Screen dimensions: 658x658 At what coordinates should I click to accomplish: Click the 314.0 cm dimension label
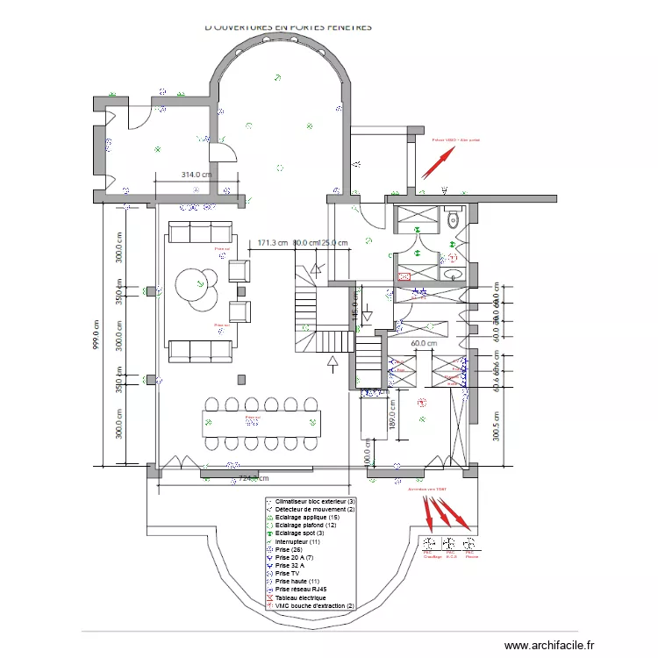tap(197, 175)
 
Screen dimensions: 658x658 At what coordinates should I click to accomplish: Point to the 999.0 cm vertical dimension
tap(97, 333)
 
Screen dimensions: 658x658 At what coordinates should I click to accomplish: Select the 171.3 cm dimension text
tap(273, 243)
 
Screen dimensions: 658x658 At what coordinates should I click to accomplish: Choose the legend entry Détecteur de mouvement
tap(310, 509)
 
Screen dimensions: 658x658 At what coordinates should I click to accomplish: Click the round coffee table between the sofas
tap(197, 288)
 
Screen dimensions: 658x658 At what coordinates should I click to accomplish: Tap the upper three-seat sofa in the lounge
tap(200, 232)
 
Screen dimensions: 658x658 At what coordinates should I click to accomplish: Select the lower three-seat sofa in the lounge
tap(200, 349)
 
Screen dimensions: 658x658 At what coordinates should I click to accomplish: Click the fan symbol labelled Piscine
tap(470, 544)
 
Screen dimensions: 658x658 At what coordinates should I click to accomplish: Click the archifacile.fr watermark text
tap(543, 646)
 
